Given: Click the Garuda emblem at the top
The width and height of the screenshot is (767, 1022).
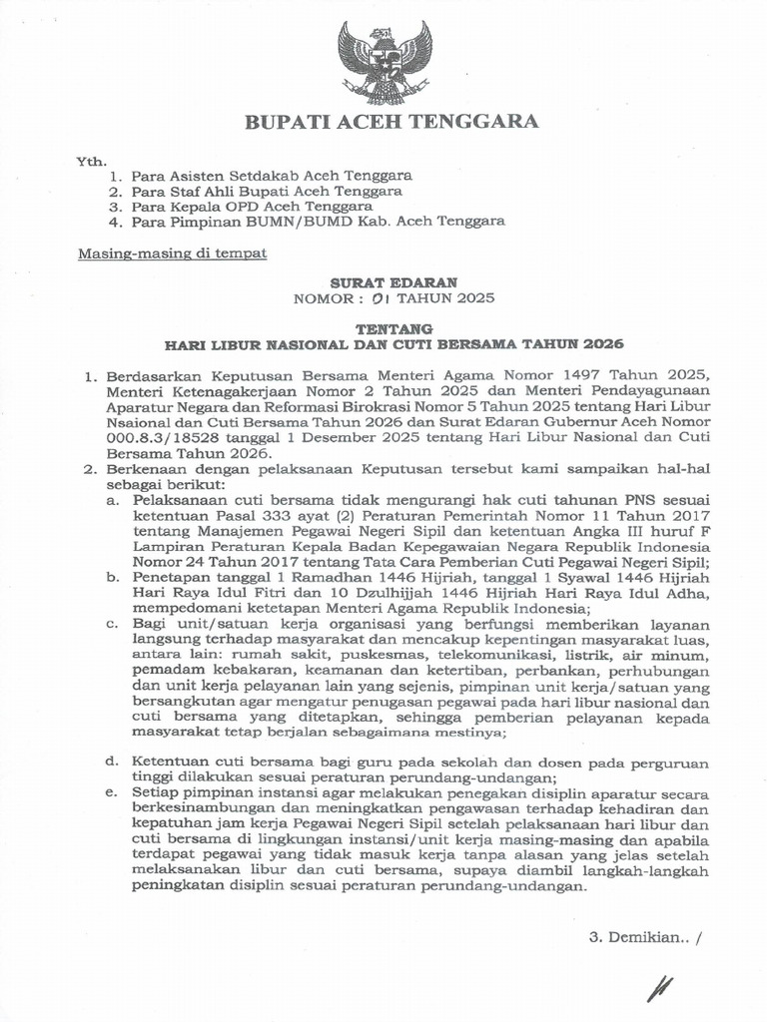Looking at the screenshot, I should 384,61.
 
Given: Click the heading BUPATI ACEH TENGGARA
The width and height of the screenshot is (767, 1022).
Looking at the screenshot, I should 392,122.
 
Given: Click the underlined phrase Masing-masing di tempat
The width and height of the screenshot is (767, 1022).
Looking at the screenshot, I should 173,254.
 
